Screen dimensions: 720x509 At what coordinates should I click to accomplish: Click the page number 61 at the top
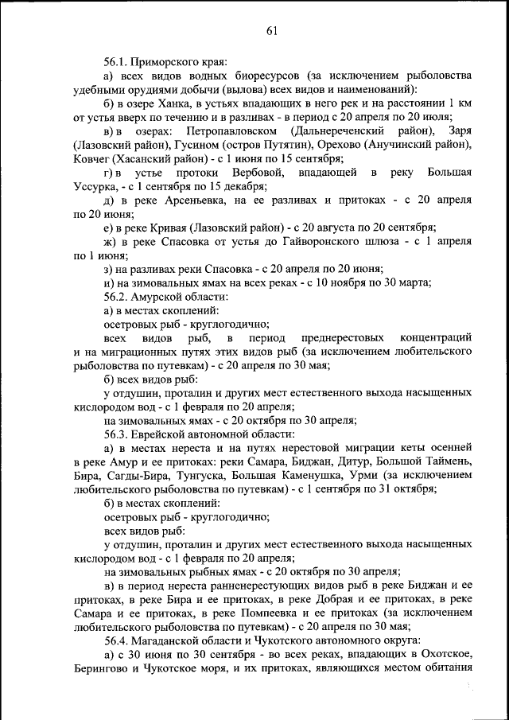click(271, 31)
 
